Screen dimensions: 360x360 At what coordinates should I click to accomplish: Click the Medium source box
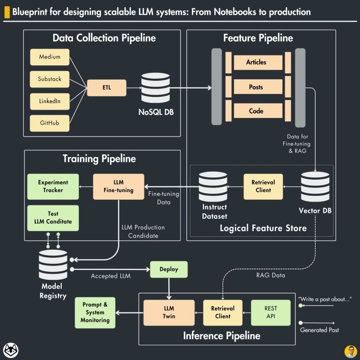[49, 57]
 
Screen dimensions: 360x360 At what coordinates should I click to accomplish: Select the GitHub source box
[49, 122]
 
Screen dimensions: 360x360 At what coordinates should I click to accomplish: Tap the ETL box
[106, 87]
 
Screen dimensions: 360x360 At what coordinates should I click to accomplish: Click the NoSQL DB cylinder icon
[156, 87]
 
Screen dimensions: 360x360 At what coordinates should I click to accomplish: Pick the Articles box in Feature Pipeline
[256, 63]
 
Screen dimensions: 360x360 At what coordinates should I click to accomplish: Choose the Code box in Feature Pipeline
[256, 111]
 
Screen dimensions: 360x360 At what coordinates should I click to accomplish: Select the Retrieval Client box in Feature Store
[263, 186]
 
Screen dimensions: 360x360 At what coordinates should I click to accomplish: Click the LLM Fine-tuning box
[118, 186]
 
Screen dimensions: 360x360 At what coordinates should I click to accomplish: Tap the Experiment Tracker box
[53, 186]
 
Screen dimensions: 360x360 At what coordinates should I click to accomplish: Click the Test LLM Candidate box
[53, 218]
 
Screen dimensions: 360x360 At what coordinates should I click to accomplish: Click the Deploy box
[169, 269]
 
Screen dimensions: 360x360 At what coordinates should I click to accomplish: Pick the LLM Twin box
[169, 312]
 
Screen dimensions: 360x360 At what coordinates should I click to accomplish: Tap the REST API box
[271, 312]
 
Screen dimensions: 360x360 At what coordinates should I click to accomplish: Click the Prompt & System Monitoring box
[95, 312]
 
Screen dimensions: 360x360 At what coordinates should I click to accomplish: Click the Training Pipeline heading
[99, 158]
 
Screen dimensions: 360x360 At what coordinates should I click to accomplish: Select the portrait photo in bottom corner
[350, 351]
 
